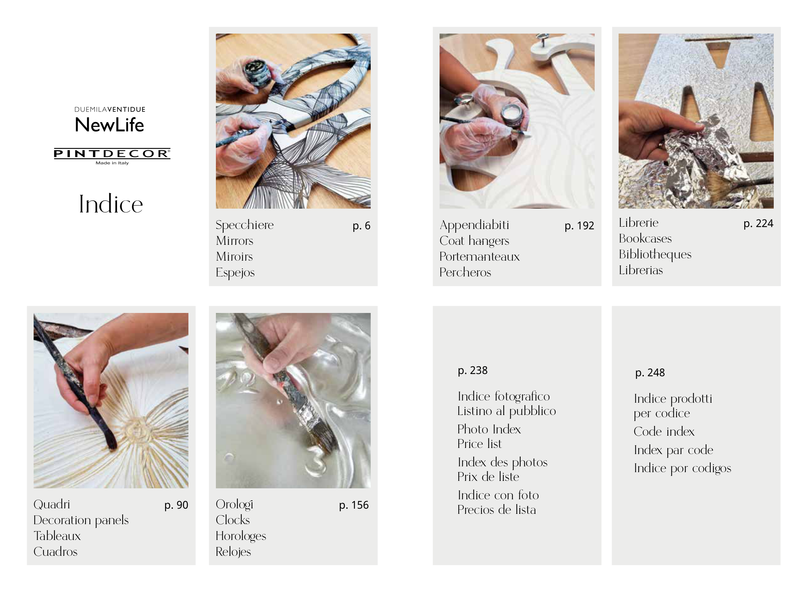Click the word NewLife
click(109, 125)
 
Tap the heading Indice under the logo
click(111, 204)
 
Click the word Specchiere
click(245, 225)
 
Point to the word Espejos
click(235, 272)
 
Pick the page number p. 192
click(579, 226)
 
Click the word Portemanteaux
click(480, 256)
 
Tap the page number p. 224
click(758, 223)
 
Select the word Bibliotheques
click(655, 254)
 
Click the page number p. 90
click(176, 505)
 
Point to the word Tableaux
click(57, 536)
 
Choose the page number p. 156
click(354, 505)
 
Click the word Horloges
click(241, 536)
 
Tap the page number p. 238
click(472, 370)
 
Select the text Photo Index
click(489, 429)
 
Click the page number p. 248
click(650, 373)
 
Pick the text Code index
click(664, 431)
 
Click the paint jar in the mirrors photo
click(257, 73)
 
